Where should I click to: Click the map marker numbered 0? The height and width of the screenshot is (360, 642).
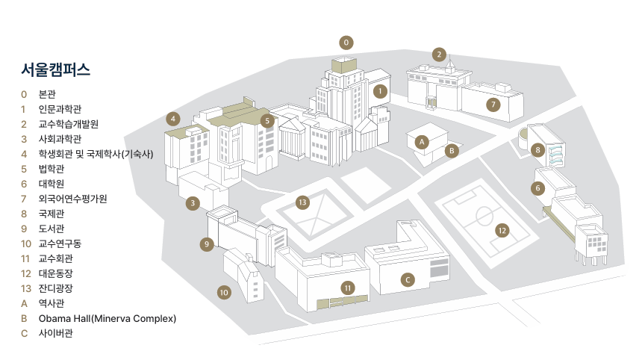pyautogui.click(x=346, y=42)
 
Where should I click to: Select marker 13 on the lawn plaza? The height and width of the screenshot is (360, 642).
pyautogui.click(x=302, y=202)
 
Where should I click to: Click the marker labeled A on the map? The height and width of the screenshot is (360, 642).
pyautogui.click(x=421, y=140)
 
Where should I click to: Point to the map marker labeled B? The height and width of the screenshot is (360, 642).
pyautogui.click(x=451, y=150)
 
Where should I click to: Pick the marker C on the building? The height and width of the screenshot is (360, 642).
pyautogui.click(x=407, y=279)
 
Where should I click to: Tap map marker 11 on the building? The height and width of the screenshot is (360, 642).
pyautogui.click(x=347, y=288)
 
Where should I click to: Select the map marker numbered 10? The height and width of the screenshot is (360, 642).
pyautogui.click(x=224, y=292)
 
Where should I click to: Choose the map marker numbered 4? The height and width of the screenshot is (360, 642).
pyautogui.click(x=173, y=118)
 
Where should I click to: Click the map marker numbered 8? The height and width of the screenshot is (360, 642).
pyautogui.click(x=537, y=149)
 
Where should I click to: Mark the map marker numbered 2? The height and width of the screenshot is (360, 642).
pyautogui.click(x=440, y=54)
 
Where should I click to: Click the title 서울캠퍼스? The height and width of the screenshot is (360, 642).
pyautogui.click(x=56, y=71)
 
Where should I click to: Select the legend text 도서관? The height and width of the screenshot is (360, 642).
pyautogui.click(x=53, y=229)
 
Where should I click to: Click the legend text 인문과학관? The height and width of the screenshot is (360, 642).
pyautogui.click(x=60, y=109)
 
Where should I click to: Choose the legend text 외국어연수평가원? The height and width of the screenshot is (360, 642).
pyautogui.click(x=72, y=199)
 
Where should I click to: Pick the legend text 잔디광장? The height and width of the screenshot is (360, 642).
pyautogui.click(x=57, y=288)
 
